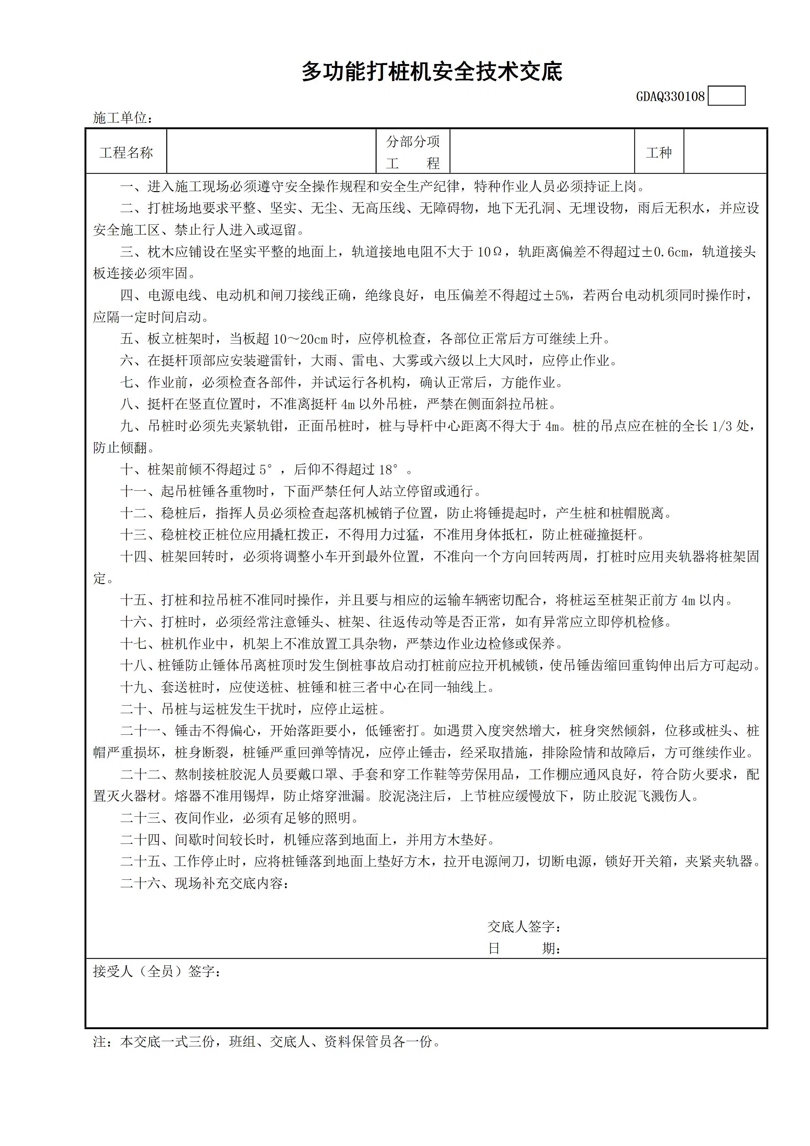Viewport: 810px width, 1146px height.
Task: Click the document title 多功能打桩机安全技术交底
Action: click(x=432, y=73)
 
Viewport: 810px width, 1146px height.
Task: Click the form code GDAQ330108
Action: click(x=670, y=96)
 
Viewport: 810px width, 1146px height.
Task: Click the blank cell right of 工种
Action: click(x=725, y=152)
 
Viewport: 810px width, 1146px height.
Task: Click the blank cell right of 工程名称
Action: click(x=271, y=152)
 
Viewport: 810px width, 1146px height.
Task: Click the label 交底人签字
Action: click(x=524, y=927)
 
